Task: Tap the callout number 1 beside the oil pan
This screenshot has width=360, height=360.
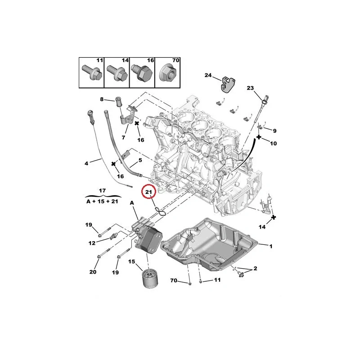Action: (271, 246)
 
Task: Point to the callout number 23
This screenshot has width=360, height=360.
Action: (251, 88)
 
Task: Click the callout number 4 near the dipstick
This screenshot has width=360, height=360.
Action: (86, 163)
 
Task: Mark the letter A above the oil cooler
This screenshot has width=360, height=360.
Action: (132, 203)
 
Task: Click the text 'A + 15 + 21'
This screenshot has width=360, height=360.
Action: (102, 202)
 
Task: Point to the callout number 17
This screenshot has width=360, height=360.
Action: (102, 190)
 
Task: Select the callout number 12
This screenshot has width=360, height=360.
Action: (92, 243)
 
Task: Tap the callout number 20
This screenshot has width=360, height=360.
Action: (93, 272)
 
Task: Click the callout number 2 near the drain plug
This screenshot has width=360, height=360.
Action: (255, 269)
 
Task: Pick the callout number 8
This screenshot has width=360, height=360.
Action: (102, 99)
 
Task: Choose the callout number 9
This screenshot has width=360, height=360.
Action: (274, 130)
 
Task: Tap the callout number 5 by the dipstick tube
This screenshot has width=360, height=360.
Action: (140, 160)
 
